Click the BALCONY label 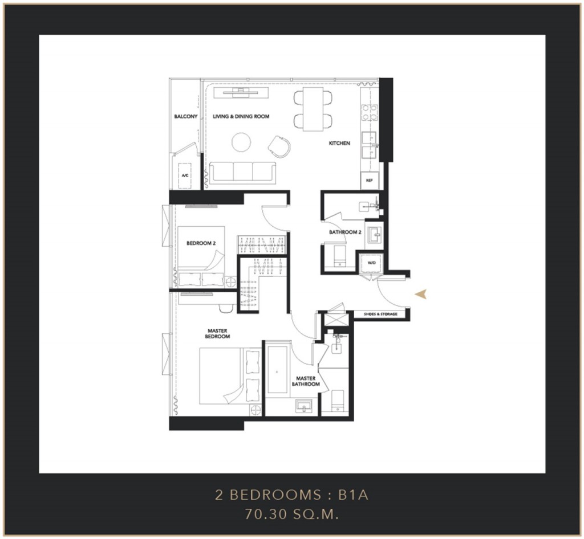[186, 116]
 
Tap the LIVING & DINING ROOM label [241, 116]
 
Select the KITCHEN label [339, 143]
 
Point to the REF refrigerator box [370, 181]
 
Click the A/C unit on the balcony [185, 175]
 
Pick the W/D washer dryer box [372, 263]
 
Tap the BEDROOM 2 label [201, 243]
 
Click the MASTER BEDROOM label [217, 333]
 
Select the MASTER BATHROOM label [306, 381]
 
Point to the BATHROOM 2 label [345, 232]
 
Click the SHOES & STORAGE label [380, 315]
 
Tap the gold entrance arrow [421, 294]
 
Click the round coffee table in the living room [241, 142]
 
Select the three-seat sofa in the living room [243, 173]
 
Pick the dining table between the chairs [313, 109]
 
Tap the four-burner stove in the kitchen [370, 113]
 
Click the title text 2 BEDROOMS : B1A [291, 495]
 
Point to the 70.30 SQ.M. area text [291, 514]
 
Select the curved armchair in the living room [279, 146]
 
